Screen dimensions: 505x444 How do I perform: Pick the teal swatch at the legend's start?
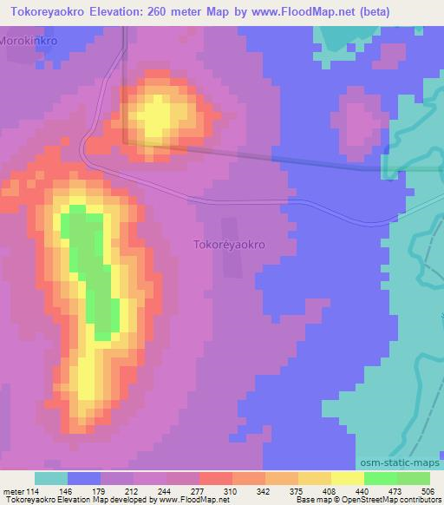(51, 478)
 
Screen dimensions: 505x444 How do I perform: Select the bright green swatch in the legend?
(381, 478)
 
